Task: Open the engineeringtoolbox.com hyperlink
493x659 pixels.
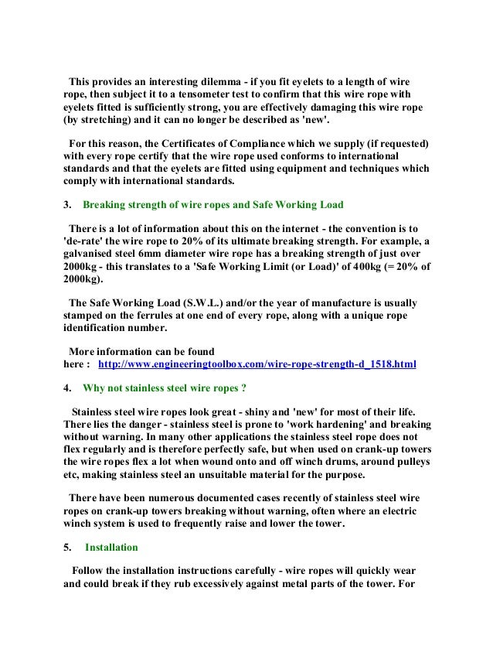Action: pos(257,364)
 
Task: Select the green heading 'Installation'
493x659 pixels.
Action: pos(111,547)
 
